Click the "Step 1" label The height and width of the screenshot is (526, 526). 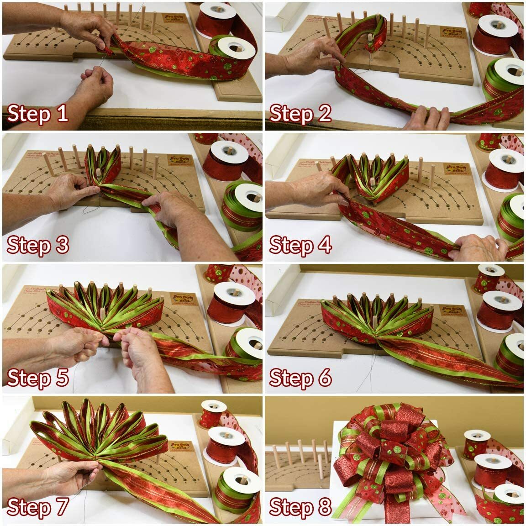(38, 113)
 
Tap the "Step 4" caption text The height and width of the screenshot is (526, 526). (300, 246)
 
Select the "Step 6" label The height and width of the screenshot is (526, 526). (300, 378)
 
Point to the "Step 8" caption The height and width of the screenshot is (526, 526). (300, 507)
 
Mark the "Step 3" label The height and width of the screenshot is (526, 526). (38, 245)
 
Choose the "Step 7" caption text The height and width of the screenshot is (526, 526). (38, 507)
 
